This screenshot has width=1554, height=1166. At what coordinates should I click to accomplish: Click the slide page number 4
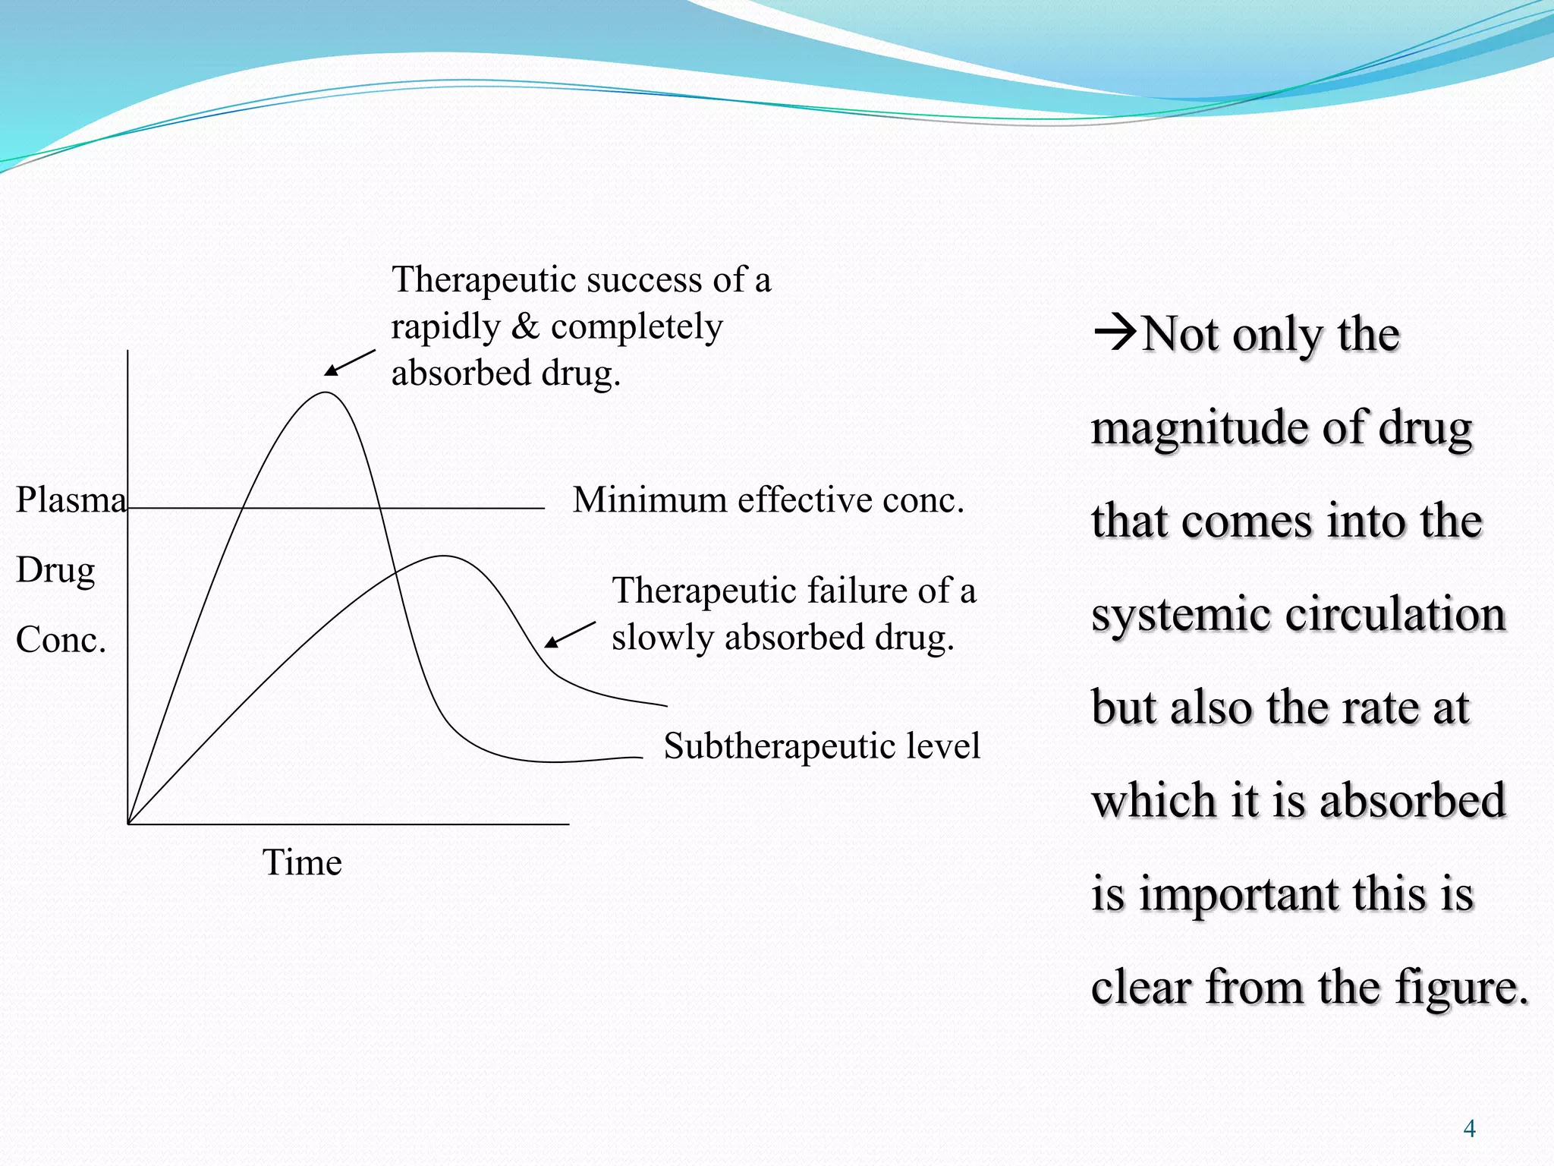1469,1129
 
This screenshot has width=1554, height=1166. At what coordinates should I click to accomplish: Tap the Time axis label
302,863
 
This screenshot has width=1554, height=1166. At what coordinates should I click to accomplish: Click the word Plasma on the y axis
71,500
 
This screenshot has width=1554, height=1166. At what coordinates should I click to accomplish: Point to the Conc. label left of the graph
61,640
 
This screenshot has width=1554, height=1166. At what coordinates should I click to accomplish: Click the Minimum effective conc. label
768,500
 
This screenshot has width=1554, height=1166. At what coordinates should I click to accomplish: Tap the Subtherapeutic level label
822,745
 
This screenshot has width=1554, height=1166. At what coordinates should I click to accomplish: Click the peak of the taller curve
326,392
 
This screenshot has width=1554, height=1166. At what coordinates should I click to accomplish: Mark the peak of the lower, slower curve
444,556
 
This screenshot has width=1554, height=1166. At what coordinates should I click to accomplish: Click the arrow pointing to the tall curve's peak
350,363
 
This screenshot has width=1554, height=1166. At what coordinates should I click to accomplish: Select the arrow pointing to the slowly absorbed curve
570,635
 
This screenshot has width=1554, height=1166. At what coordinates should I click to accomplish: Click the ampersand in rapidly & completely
525,327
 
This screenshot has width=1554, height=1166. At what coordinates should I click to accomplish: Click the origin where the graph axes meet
128,824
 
